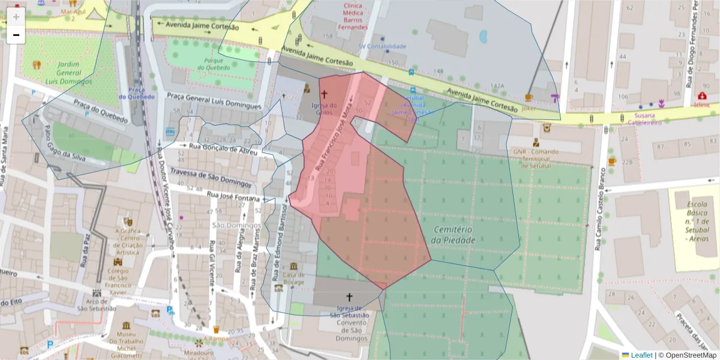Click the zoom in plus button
pyautogui.click(x=16, y=16)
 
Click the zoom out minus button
pyautogui.click(x=16, y=35)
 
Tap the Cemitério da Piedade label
pyautogui.click(x=453, y=235)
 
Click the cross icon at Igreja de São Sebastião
pyautogui.click(x=349, y=296)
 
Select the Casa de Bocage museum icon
pyautogui.click(x=293, y=266)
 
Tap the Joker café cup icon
pyautogui.click(x=528, y=97)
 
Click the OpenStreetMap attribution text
pyautogui.click(x=689, y=355)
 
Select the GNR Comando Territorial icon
pyautogui.click(x=536, y=143)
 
